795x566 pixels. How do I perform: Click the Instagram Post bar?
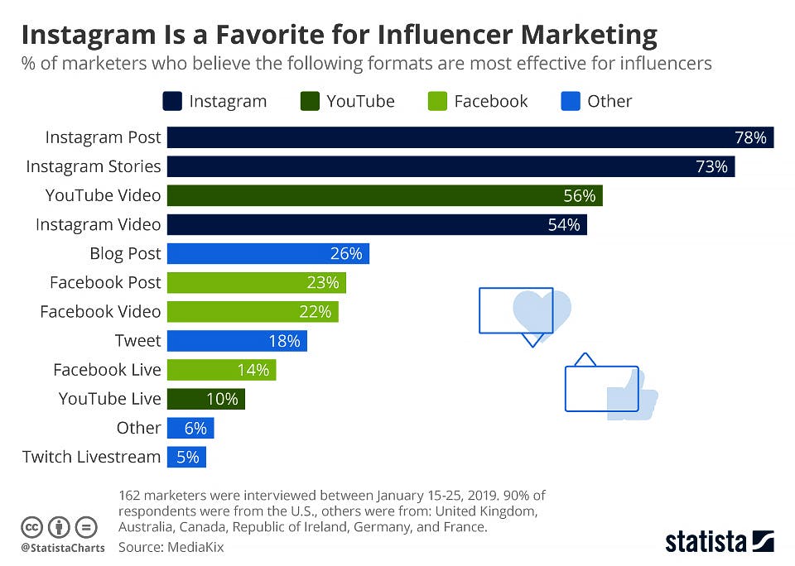(470, 137)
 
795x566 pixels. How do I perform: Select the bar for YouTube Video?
(384, 195)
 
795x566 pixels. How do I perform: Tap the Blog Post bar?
(267, 253)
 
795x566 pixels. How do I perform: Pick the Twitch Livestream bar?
(186, 457)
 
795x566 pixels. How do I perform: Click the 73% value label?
(711, 166)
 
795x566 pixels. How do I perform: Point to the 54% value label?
(564, 224)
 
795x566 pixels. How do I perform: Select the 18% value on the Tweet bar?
(284, 340)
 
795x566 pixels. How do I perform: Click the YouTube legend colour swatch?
(309, 101)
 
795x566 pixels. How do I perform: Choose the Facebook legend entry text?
(490, 101)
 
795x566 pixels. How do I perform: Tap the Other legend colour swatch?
(570, 101)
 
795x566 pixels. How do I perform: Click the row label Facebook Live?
(107, 370)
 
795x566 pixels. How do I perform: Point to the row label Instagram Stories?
(94, 166)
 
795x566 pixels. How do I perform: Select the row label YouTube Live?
(109, 399)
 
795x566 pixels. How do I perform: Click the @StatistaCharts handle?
(63, 548)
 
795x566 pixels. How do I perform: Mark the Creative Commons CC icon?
(31, 526)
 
